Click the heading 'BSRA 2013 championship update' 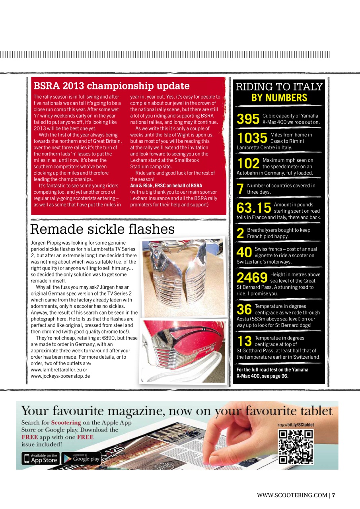[x=111, y=86]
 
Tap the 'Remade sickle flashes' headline [x=102, y=229]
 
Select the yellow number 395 [x=248, y=119]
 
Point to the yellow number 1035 [x=252, y=138]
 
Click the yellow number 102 [x=248, y=163]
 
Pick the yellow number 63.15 [x=254, y=208]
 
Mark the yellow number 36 [x=244, y=309]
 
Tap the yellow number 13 [x=244, y=341]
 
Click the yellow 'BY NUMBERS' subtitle [x=279, y=98]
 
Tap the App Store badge [x=40, y=458]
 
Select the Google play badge [x=81, y=458]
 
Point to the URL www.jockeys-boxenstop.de [x=60, y=376]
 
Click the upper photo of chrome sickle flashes [x=183, y=277]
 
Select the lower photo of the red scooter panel [x=183, y=352]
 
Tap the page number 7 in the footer [x=334, y=495]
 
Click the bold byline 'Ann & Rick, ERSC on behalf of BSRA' [x=166, y=186]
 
